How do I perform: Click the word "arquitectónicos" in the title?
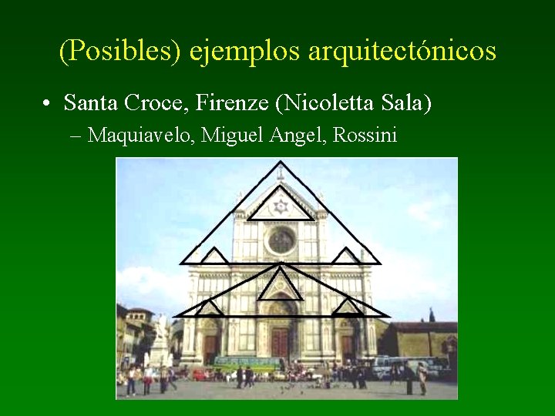tap(402, 52)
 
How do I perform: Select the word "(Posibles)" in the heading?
tap(119, 52)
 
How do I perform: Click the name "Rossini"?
tap(366, 136)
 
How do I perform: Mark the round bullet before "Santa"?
tap(48, 103)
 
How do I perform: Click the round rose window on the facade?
tap(281, 241)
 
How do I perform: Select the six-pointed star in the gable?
tap(281, 206)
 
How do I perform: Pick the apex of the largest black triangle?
tap(281, 163)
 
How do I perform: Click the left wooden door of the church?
tap(210, 347)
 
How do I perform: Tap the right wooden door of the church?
tap(348, 347)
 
